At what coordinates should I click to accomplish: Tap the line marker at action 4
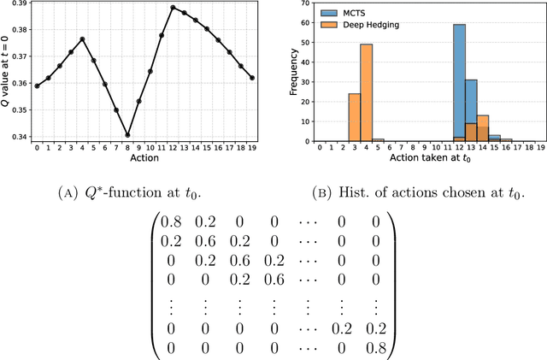[x=82, y=38]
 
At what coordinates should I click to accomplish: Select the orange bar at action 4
[x=366, y=92]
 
